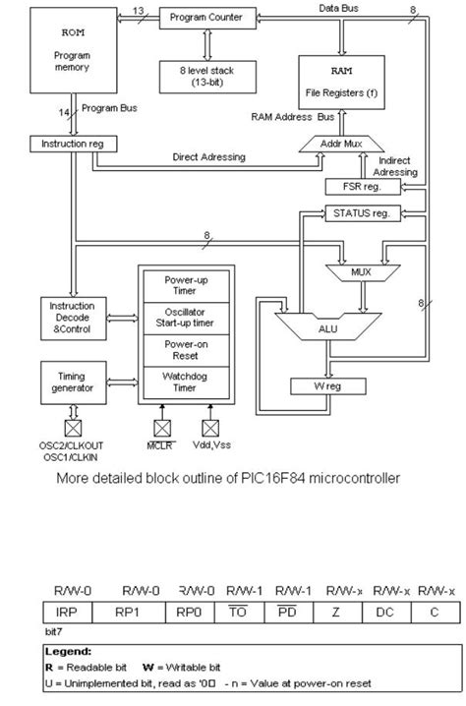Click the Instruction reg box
click(74, 144)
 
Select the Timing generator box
click(67, 381)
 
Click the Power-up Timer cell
click(185, 284)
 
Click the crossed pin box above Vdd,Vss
click(208, 428)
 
